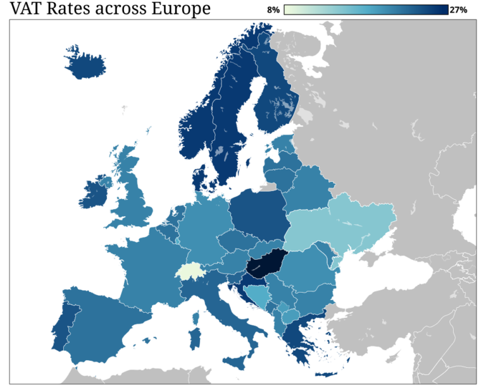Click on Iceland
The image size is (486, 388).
(85, 64)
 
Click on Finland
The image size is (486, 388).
(275, 101)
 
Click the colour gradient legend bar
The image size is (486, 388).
(366, 9)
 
